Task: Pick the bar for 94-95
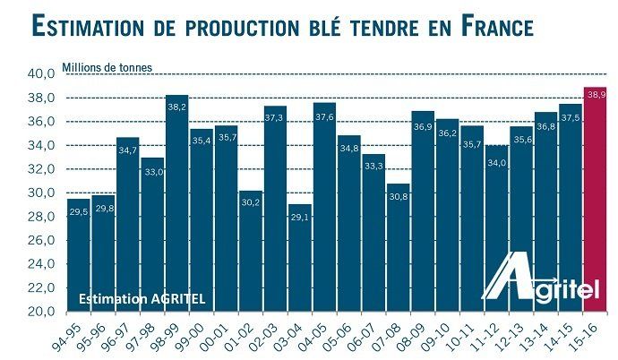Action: pyautogui.click(x=79, y=255)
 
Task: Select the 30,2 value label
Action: pyautogui.click(x=251, y=202)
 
